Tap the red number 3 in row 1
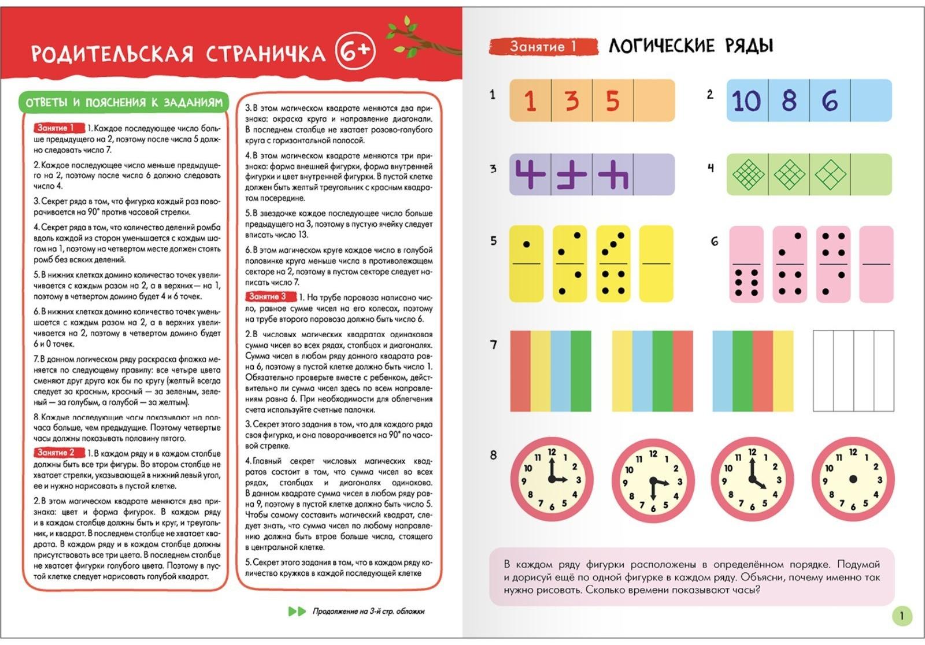(572, 101)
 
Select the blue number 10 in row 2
(746, 101)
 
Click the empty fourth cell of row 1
(654, 101)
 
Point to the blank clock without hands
(853, 479)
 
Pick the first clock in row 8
(552, 479)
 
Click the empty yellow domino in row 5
(656, 264)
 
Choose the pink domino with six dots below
(746, 264)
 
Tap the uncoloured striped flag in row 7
(853, 370)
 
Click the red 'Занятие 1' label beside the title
(543, 46)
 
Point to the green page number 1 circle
(901, 616)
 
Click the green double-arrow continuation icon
(297, 611)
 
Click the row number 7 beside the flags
(493, 345)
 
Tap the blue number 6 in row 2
(830, 101)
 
